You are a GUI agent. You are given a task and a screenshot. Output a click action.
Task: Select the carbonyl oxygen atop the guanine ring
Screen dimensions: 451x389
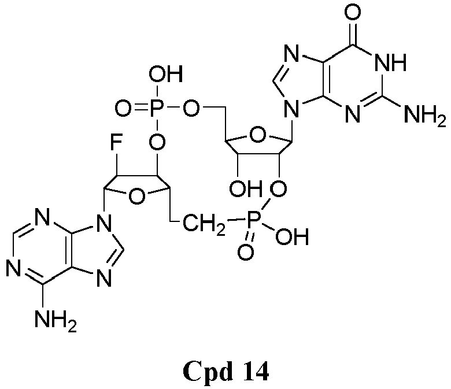tap(353, 13)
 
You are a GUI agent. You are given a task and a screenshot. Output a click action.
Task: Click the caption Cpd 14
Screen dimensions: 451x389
tap(226, 372)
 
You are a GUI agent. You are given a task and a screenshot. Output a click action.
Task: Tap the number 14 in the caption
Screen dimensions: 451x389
tap(254, 371)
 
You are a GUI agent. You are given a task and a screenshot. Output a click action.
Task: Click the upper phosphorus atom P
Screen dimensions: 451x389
tap(157, 109)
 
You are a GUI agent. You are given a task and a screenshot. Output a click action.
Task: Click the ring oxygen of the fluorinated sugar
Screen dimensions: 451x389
tap(136, 197)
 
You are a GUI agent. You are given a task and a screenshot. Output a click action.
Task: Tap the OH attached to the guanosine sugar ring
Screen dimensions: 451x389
tap(245, 189)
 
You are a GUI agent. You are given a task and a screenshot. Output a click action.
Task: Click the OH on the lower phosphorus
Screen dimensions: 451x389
tap(292, 236)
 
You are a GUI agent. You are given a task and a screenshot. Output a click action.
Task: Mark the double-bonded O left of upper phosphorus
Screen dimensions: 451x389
tap(124, 109)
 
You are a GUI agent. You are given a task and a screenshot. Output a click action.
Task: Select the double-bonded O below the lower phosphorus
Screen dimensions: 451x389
tap(246, 252)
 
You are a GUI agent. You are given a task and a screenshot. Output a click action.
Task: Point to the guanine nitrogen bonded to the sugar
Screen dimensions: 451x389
tap(291, 109)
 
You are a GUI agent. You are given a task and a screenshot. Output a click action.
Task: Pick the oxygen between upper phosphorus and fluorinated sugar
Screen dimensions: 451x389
tap(157, 142)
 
